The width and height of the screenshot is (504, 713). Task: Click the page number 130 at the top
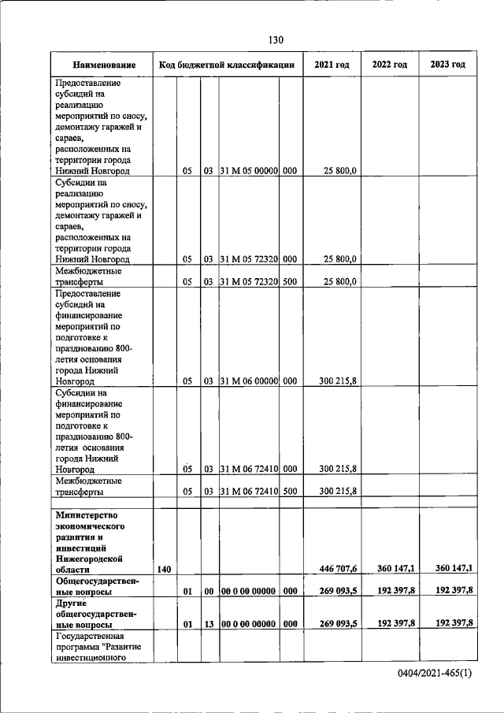point(275,40)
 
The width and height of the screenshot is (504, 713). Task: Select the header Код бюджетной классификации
point(227,65)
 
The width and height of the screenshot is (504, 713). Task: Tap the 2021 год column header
point(332,65)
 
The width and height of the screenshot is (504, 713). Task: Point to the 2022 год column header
point(390,65)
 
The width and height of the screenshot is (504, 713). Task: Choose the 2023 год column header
point(448,65)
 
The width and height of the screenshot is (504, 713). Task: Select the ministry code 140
point(164,569)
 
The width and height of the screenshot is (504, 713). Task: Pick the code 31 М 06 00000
point(249,381)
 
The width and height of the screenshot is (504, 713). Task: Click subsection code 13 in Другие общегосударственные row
point(209,623)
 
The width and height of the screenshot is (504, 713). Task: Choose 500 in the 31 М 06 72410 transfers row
point(290,491)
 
